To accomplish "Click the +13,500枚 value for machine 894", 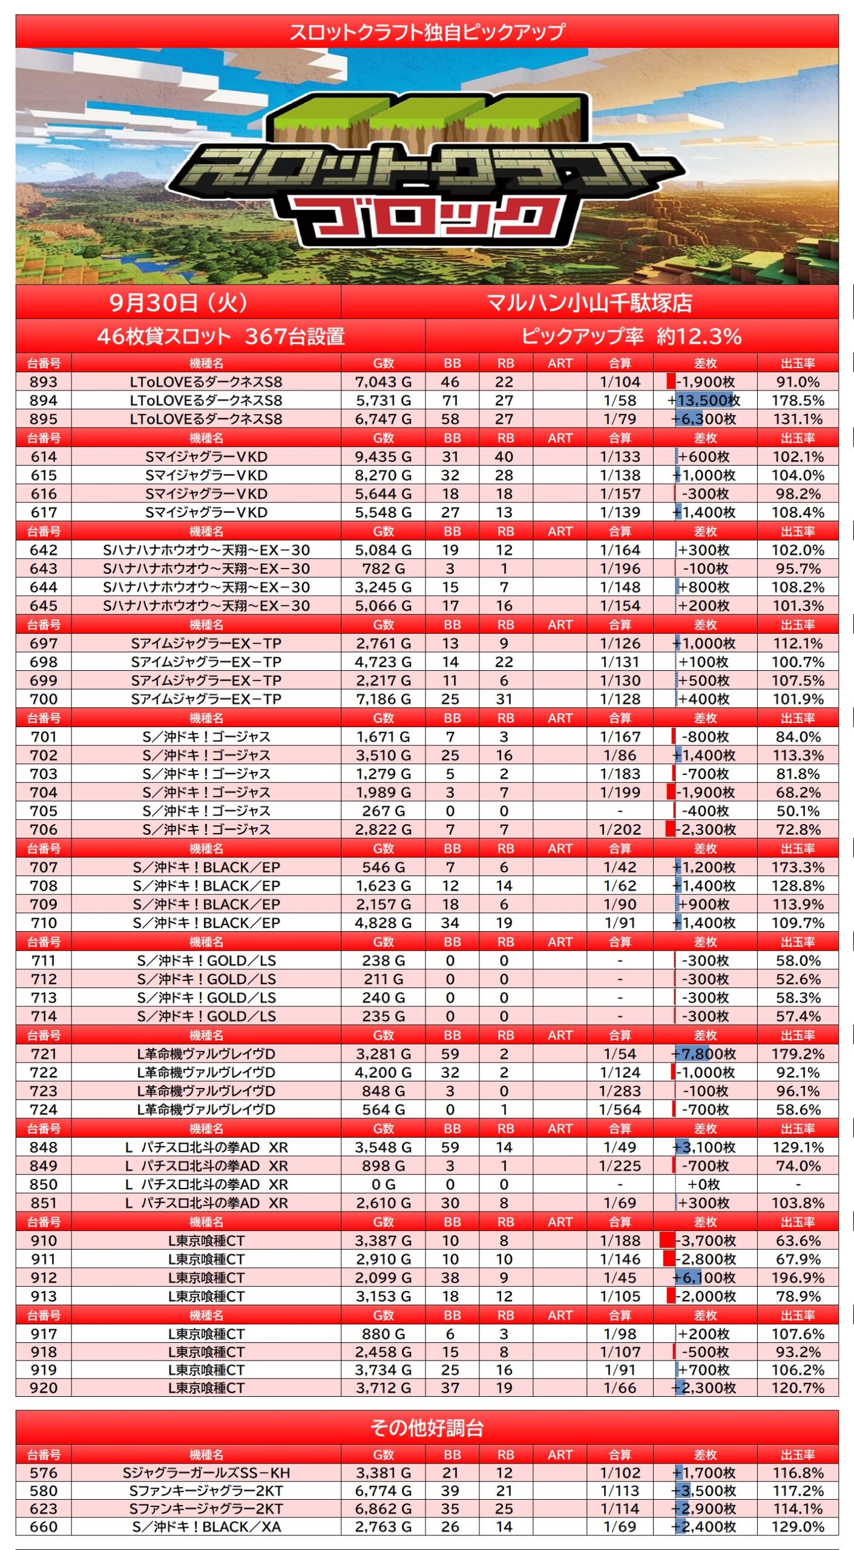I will tap(705, 400).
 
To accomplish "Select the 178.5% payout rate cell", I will tap(798, 400).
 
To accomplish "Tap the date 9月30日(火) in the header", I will tap(179, 303).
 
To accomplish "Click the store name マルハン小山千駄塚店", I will tap(589, 303).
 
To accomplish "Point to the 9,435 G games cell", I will tap(383, 457).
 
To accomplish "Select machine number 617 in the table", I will tap(44, 512).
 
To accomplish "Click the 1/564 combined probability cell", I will tap(620, 1109).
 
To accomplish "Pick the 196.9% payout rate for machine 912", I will tap(798, 1278).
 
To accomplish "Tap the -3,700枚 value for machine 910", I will tap(705, 1241).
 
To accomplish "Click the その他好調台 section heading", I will tap(427, 1428).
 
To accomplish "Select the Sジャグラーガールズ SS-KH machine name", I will tap(206, 1472).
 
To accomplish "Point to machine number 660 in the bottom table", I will tap(44, 1526).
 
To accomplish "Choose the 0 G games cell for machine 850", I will tap(383, 1184).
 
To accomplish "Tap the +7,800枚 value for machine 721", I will tap(705, 1054).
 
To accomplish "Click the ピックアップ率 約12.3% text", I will tap(631, 336).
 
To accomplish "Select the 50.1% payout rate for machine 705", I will tap(798, 811).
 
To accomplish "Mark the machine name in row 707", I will tap(206, 867).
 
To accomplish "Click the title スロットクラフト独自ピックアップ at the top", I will tap(427, 31).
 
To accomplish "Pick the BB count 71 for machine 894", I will tap(450, 400).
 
